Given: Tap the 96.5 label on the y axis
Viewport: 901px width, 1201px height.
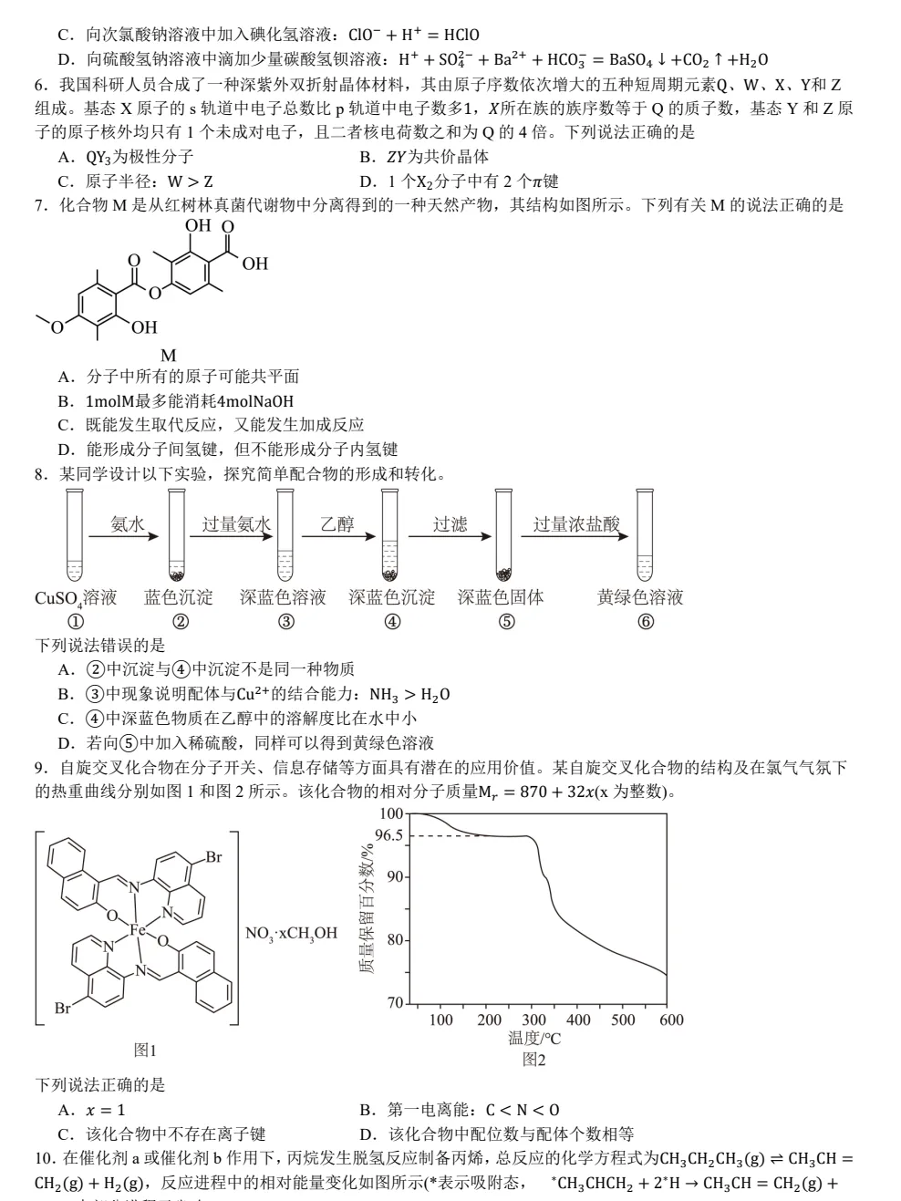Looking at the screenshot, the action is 388,835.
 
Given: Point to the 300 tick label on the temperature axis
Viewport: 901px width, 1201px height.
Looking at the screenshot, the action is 533,1020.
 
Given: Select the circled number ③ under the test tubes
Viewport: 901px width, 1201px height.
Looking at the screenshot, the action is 286,622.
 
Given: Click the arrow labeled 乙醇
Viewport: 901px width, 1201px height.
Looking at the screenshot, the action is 338,536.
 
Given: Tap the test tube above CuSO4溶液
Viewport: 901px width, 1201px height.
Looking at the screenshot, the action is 75,535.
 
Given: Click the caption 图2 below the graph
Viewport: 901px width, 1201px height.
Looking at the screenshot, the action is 533,1060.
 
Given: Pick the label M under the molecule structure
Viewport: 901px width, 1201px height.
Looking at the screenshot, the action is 169,356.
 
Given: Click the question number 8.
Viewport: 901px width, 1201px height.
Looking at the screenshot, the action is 42,474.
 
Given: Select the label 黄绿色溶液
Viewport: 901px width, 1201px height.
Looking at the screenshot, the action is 640,597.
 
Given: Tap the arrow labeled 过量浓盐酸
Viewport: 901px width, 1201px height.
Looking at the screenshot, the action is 575,536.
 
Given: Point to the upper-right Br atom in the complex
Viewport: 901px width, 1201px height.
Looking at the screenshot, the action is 213,857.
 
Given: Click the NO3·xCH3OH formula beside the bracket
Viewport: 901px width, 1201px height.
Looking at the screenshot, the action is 291,933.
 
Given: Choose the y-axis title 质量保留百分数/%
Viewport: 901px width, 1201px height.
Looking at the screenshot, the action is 367,908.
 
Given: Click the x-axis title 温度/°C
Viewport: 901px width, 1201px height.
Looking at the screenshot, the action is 533,1038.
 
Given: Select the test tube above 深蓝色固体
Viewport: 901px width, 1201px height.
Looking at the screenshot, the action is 503,535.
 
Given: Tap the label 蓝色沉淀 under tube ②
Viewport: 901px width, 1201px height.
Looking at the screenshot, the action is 179,597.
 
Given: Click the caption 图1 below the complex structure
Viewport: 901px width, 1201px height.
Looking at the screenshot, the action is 146,1050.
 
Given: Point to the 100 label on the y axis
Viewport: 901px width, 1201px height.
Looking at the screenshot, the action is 391,813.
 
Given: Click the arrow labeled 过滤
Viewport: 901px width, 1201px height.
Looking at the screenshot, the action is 450,536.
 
